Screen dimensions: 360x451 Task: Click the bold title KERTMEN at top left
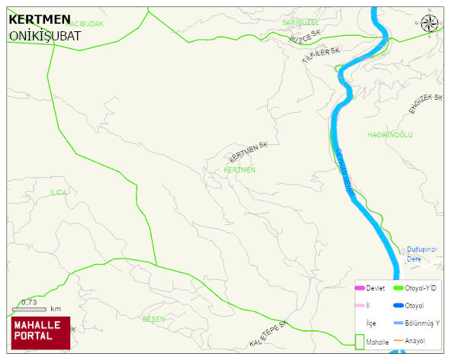[40, 19]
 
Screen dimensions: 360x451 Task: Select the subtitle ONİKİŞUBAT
[44, 35]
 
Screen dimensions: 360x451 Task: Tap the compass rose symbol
[430, 23]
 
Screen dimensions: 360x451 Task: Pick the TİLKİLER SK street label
[320, 54]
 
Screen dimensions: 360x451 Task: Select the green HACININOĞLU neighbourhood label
[390, 134]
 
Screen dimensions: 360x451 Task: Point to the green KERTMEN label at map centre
[240, 169]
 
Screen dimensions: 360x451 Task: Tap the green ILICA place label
[59, 192]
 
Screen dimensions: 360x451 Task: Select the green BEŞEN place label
[153, 319]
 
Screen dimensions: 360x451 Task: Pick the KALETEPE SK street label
[268, 333]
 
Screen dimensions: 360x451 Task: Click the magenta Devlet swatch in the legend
[359, 288]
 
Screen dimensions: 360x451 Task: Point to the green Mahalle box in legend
[359, 342]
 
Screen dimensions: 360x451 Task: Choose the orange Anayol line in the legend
[398, 340]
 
